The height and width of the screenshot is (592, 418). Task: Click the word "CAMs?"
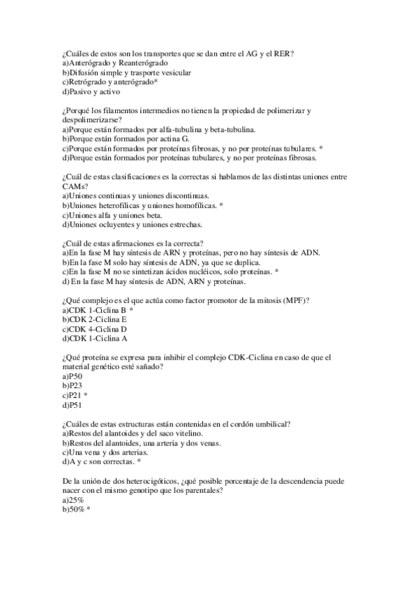(75, 186)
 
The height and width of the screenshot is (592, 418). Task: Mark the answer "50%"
(75, 510)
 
